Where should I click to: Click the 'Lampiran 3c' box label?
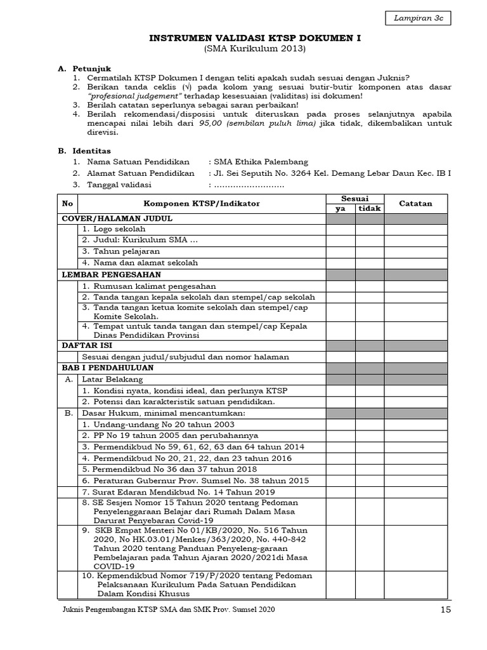pos(418,19)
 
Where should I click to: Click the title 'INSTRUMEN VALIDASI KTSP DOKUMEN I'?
pos(254,38)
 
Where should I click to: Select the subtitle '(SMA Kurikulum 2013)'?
pos(254,49)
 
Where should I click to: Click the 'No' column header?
pos(67,204)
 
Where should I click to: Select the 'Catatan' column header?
pos(415,204)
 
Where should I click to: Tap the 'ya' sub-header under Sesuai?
pos(341,209)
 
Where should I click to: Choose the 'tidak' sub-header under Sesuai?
pos(370,209)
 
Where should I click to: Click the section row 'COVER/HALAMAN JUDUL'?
pos(117,218)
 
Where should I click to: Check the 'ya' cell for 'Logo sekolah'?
pos(341,229)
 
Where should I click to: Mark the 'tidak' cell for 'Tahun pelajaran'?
pos(370,251)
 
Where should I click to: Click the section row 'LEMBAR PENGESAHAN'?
pos(111,274)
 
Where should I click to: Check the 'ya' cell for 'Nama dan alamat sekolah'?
pos(341,262)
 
